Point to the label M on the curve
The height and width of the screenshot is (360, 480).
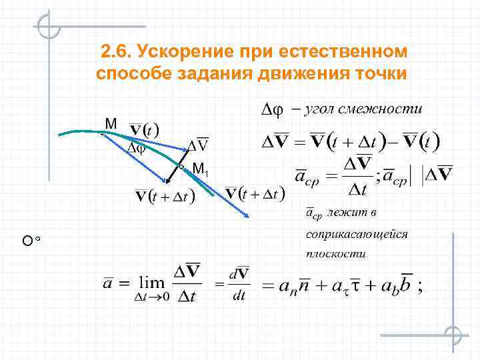click(111, 124)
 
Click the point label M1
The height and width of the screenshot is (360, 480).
click(200, 170)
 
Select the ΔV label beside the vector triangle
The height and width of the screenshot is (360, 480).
click(197, 145)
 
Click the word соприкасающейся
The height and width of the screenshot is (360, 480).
click(357, 234)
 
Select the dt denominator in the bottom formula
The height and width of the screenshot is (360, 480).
click(239, 297)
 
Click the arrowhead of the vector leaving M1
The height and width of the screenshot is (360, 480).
click(247, 215)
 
